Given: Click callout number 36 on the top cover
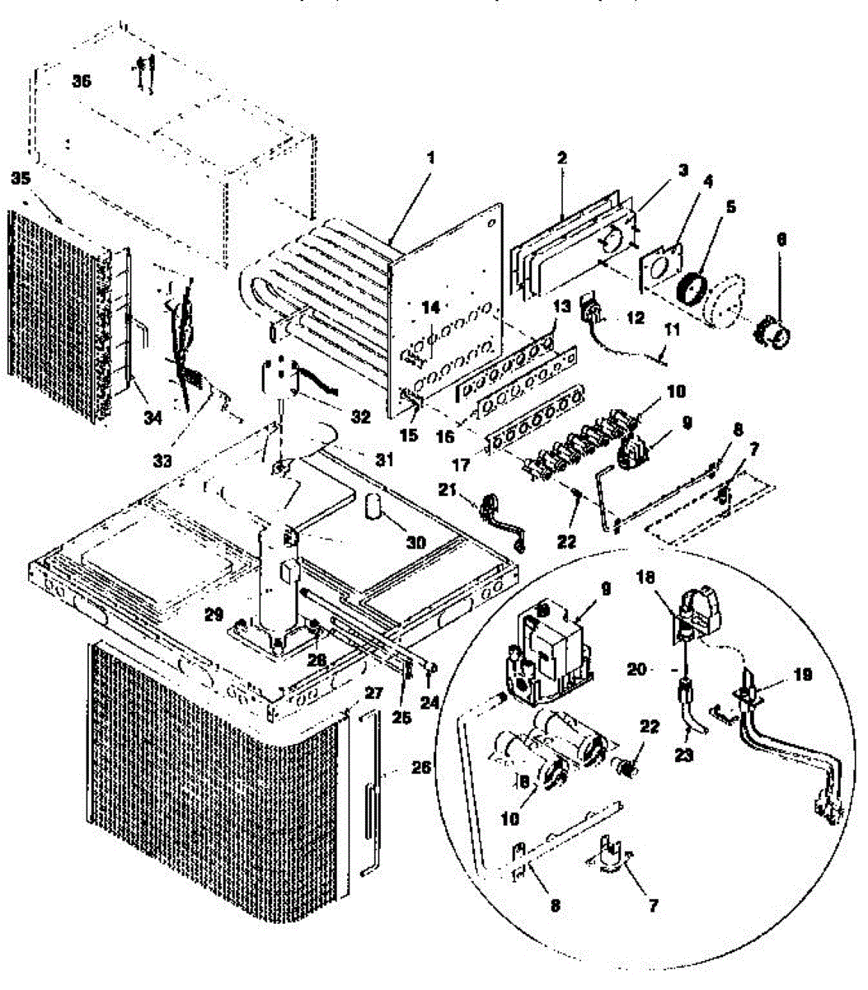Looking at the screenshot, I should [x=81, y=81].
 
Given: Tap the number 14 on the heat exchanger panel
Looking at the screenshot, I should [x=431, y=307].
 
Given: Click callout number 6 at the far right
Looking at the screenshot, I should [x=781, y=240].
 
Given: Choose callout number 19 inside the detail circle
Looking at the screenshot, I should [x=802, y=675].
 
